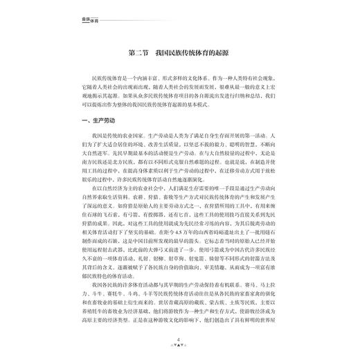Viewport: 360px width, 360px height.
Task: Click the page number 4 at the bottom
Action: click(179, 340)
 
